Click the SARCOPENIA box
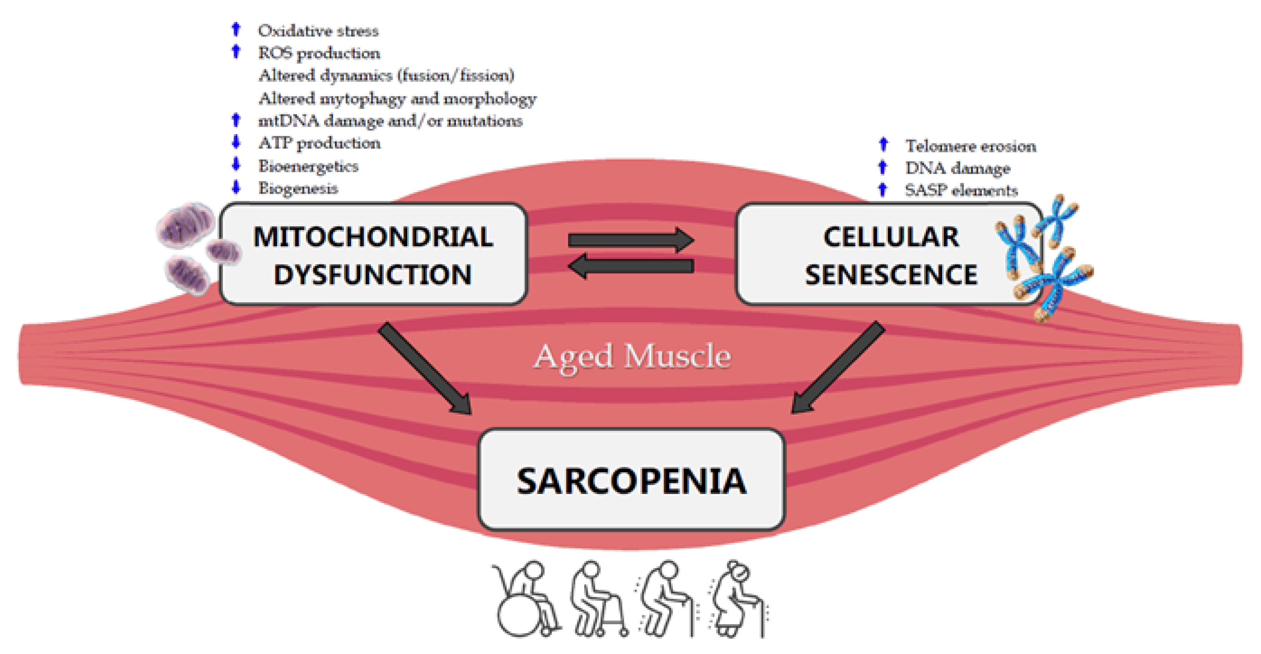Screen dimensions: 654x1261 (x=631, y=480)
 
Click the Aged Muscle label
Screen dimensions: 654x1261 (x=631, y=356)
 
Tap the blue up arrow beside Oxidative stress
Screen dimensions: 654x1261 (x=236, y=29)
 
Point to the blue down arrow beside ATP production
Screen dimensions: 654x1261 (x=236, y=142)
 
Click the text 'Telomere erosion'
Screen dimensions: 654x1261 (x=970, y=146)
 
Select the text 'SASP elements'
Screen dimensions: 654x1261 (x=961, y=190)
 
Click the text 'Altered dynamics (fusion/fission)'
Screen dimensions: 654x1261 (x=386, y=76)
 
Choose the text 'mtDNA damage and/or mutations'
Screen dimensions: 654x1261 (x=390, y=121)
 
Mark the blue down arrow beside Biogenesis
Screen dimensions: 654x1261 (x=236, y=187)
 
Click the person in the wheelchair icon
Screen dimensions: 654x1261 (x=526, y=600)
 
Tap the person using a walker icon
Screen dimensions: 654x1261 (x=597, y=600)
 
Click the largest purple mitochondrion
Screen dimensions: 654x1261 (x=186, y=225)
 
